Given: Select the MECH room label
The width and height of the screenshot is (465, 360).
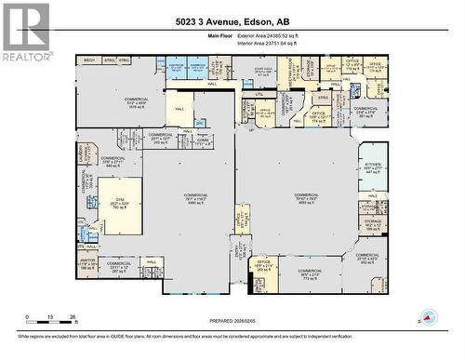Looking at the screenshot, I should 89,60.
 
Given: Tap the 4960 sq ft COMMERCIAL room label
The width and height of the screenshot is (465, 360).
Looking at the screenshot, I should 194,201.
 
